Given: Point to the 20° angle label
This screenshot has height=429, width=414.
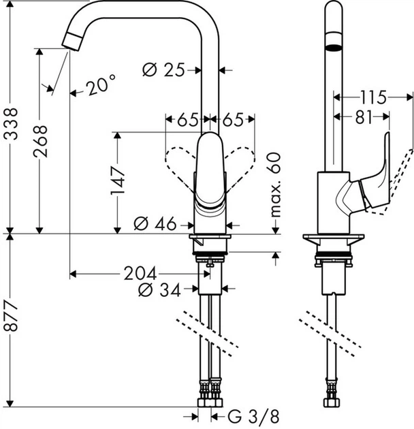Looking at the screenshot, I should (101, 86).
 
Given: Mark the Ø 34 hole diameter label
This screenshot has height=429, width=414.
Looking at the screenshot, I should (159, 291).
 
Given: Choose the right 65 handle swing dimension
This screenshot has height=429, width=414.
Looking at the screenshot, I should (232, 120).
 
